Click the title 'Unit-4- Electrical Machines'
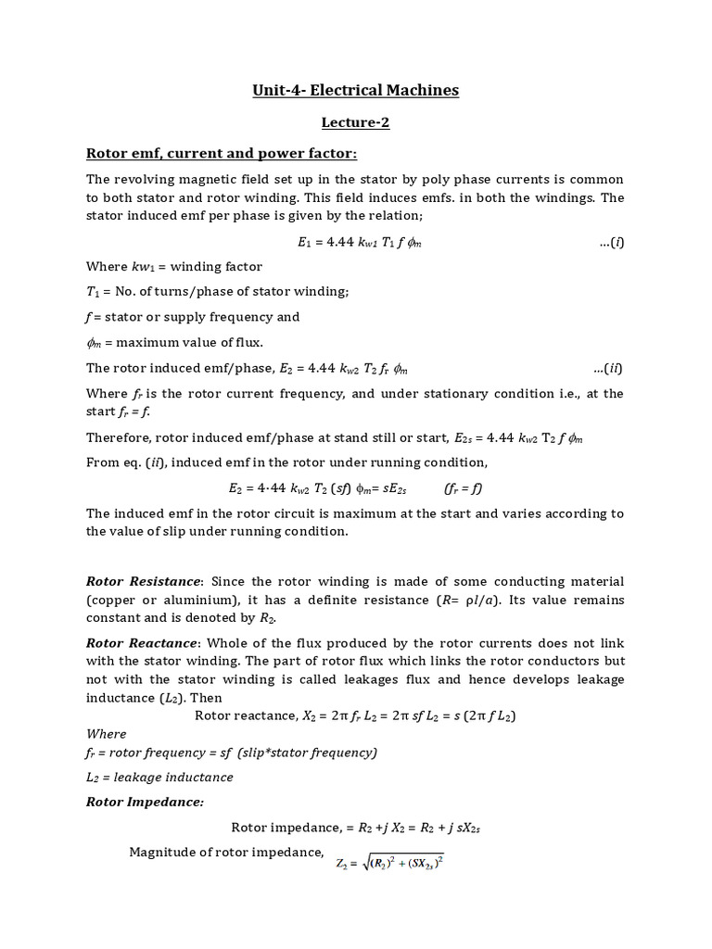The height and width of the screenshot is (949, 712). coord(356,90)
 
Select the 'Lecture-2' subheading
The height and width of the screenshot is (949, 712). coord(356,122)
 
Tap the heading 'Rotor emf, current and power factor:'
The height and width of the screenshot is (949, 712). coord(222,153)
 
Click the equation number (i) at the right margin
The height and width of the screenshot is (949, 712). coord(612,242)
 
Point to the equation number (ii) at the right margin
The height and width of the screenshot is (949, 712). coord(608,368)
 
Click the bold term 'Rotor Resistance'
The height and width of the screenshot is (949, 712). coord(143,581)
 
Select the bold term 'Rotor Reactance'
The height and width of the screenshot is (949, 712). coord(142,642)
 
